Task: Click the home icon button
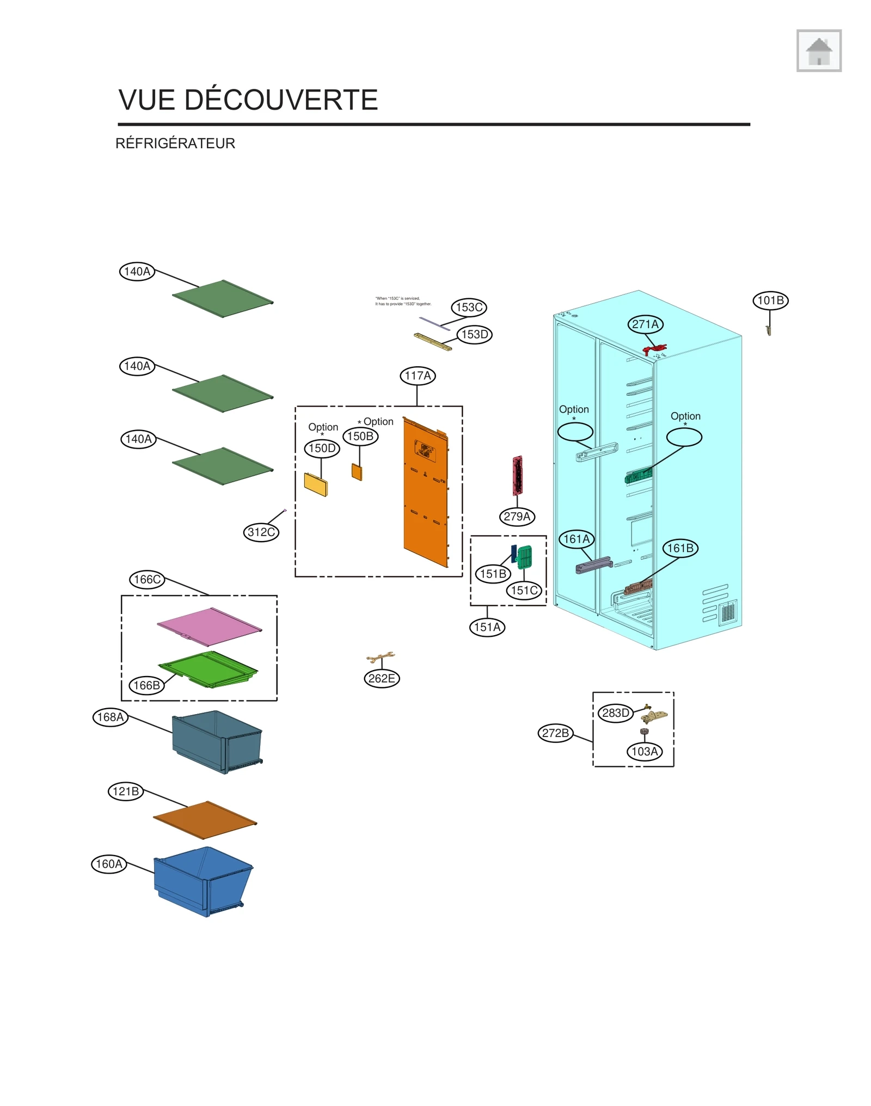[818, 51]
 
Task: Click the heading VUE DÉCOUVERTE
[248, 100]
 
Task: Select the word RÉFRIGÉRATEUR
[175, 143]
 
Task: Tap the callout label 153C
[469, 307]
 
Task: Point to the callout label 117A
[418, 376]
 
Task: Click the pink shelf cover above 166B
[210, 626]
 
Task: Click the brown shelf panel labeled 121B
[205, 820]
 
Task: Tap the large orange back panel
[426, 495]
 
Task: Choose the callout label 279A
[517, 516]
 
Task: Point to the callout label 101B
[770, 300]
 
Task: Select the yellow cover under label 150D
[316, 484]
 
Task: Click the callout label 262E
[382, 678]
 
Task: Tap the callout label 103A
[645, 752]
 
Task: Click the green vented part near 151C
[524, 557]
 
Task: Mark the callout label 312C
[261, 532]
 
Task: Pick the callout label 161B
[680, 548]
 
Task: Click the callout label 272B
[555, 733]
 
